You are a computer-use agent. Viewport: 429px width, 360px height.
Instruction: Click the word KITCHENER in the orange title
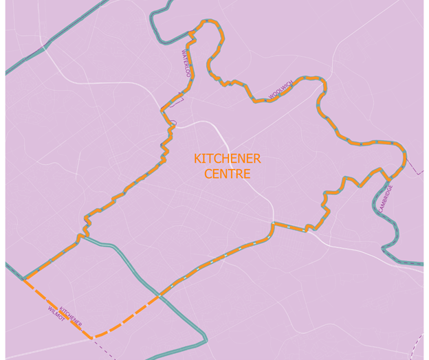[x=227, y=159]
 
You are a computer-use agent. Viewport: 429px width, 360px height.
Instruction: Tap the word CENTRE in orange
[x=227, y=174]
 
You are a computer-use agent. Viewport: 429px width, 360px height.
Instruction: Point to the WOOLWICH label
[x=280, y=90]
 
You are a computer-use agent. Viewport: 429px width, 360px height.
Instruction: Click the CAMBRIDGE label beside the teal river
[x=385, y=198]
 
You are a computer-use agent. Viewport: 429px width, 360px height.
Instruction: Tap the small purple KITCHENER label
[x=71, y=317]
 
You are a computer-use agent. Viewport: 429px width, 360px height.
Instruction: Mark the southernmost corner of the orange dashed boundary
[x=93, y=337]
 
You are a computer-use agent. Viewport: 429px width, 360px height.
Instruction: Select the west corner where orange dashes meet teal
[x=24, y=279]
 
